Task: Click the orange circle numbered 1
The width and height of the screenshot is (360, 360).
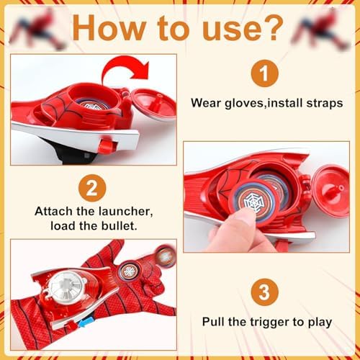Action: click(265, 73)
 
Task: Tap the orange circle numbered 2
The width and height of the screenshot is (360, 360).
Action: click(92, 188)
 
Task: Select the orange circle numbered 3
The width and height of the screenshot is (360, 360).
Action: click(265, 292)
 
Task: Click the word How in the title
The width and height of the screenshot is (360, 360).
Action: click(109, 28)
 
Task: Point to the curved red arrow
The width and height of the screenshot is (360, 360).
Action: click(125, 68)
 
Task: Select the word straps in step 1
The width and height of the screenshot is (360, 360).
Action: click(325, 104)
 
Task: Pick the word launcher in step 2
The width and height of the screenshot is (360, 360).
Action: click(125, 212)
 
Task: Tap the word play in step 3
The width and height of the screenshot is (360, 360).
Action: click(320, 323)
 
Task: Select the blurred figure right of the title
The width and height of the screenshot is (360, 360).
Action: click(320, 29)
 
